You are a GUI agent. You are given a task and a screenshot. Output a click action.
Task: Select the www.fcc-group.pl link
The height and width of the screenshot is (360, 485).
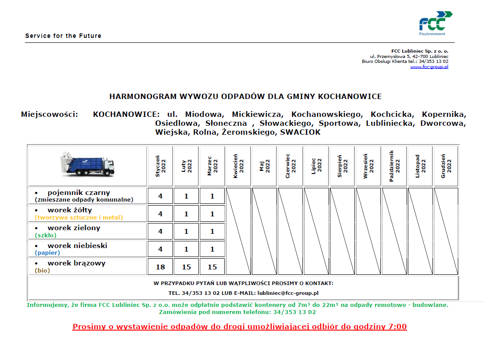click(429, 67)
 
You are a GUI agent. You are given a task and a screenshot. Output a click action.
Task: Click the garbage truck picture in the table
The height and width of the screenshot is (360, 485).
click(88, 165)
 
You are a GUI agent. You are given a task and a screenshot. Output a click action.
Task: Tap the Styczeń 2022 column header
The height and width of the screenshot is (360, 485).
click(160, 166)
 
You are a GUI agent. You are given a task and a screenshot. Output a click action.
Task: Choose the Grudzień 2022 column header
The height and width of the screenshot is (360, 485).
click(446, 166)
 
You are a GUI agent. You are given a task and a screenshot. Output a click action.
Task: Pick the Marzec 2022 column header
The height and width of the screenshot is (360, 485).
click(212, 166)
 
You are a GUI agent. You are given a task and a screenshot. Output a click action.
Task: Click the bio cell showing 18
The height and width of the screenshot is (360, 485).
click(160, 267)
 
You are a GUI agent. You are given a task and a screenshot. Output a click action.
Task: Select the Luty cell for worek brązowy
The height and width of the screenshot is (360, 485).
click(186, 267)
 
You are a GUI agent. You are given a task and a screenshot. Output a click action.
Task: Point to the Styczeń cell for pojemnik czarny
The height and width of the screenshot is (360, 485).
click(160, 196)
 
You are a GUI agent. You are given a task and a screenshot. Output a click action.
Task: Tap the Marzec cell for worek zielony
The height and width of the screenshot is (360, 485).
click(212, 232)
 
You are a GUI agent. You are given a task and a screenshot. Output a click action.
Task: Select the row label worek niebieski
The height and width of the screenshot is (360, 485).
click(77, 246)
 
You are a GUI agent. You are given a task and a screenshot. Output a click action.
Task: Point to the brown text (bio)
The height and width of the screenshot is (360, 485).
click(42, 270)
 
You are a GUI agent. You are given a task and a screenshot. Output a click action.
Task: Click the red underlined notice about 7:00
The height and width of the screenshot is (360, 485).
click(239, 327)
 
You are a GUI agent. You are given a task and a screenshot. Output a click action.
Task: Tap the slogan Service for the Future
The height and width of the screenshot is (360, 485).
click(63, 36)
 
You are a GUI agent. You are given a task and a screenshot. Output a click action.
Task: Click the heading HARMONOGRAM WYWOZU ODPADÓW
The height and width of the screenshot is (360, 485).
click(245, 96)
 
